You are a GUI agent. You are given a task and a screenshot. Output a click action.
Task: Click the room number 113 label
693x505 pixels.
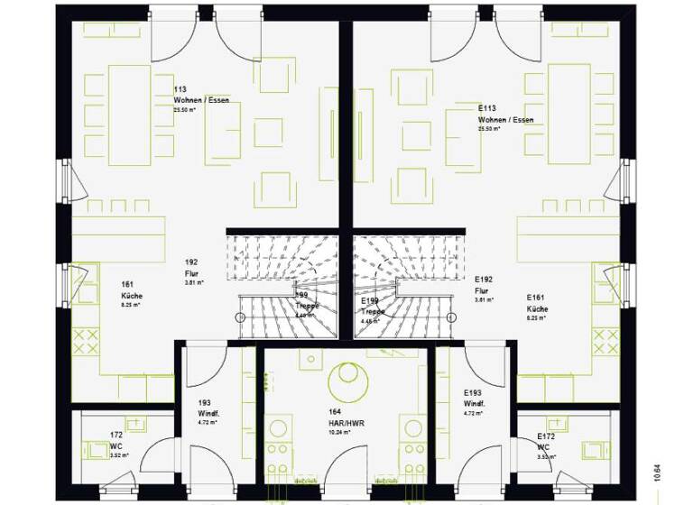(x=180, y=89)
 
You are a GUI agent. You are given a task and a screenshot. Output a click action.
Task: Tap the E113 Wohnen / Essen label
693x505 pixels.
(x=505, y=114)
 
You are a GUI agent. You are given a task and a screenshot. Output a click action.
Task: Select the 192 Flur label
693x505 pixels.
(x=190, y=268)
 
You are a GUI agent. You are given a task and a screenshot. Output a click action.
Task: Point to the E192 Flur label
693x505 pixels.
(x=485, y=286)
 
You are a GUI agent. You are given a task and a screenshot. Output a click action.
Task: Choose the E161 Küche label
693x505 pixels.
(x=537, y=302)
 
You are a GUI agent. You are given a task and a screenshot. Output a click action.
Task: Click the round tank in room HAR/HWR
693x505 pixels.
(x=346, y=380)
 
